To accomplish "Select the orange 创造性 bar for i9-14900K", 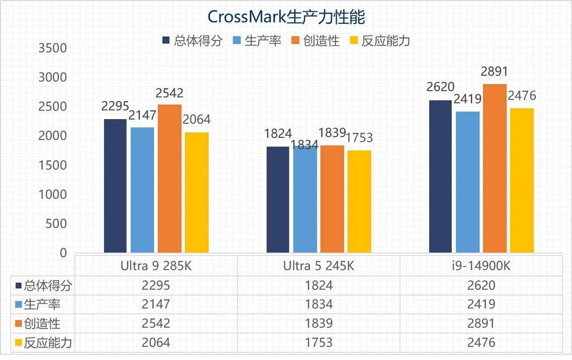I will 495,168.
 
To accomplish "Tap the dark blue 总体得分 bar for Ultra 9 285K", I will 115,186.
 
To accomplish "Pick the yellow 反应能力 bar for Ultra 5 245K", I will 359,201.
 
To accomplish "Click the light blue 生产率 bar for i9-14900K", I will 468,182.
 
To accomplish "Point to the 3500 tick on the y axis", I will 53,48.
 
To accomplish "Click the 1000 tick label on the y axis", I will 53,195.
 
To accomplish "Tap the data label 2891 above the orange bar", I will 495,72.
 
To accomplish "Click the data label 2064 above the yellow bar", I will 196,120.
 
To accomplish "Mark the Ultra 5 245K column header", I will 319,266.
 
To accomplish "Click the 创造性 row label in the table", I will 42,323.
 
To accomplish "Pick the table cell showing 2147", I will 156,304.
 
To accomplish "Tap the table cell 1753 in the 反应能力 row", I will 319,343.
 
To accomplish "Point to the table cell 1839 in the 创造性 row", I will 319,323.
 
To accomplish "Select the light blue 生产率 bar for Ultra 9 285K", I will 142,189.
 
